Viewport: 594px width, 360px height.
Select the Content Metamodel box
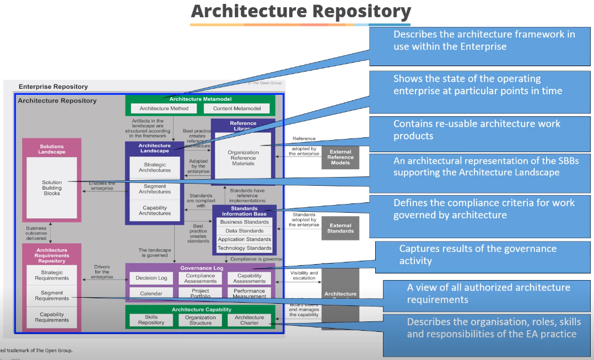tap(237, 109)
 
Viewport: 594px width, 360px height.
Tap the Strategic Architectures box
tap(155, 168)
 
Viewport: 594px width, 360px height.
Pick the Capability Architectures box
tap(155, 211)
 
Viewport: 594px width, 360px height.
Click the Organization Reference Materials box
tap(243, 158)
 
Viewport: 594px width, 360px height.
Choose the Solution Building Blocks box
tap(52, 188)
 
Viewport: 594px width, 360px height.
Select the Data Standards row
tap(244, 230)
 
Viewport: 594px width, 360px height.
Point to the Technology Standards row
tap(244, 248)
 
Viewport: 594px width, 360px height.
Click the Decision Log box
tap(151, 278)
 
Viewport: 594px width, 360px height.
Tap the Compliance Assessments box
tap(201, 278)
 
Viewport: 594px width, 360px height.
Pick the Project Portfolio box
tap(201, 293)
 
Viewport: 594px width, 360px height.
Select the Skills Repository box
tap(151, 320)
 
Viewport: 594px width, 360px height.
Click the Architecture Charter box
tap(250, 320)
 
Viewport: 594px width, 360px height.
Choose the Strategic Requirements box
tap(52, 275)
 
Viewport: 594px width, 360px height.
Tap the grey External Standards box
tap(340, 228)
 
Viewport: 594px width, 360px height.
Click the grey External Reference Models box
tap(340, 157)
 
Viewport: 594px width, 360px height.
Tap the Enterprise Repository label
tap(53, 87)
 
